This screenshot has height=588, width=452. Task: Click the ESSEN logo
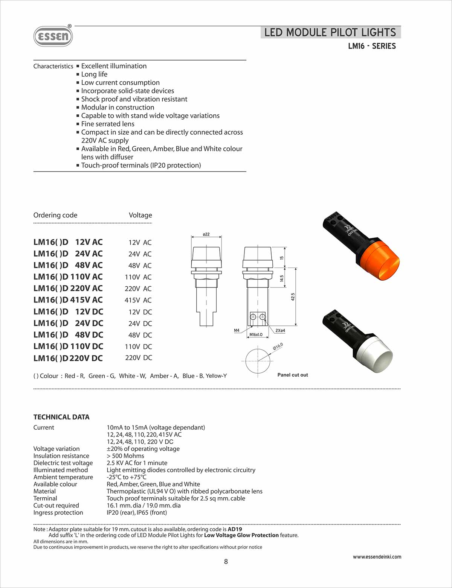(x=53, y=36)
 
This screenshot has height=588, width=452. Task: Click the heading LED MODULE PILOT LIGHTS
(x=330, y=32)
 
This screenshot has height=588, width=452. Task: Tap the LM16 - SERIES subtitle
(x=372, y=46)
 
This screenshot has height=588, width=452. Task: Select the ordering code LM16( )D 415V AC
(x=68, y=300)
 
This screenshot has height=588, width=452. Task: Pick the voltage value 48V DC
(x=140, y=335)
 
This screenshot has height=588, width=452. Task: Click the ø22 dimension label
(x=206, y=234)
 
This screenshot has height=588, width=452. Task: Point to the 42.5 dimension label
(x=293, y=297)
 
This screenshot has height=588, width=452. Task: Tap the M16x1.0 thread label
(x=256, y=334)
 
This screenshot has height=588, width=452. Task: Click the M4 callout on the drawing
(x=237, y=330)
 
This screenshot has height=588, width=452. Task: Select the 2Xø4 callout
(x=280, y=330)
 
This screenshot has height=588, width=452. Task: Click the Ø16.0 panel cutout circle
(x=257, y=361)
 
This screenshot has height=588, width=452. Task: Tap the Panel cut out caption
(x=293, y=375)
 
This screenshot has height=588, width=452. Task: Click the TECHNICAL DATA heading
(x=61, y=417)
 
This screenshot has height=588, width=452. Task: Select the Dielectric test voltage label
(x=63, y=463)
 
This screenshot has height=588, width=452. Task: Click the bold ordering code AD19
(x=235, y=529)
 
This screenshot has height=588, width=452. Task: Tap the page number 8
(x=226, y=562)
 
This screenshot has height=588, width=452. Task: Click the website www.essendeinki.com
(x=377, y=557)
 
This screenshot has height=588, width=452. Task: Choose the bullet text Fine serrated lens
(x=108, y=124)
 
